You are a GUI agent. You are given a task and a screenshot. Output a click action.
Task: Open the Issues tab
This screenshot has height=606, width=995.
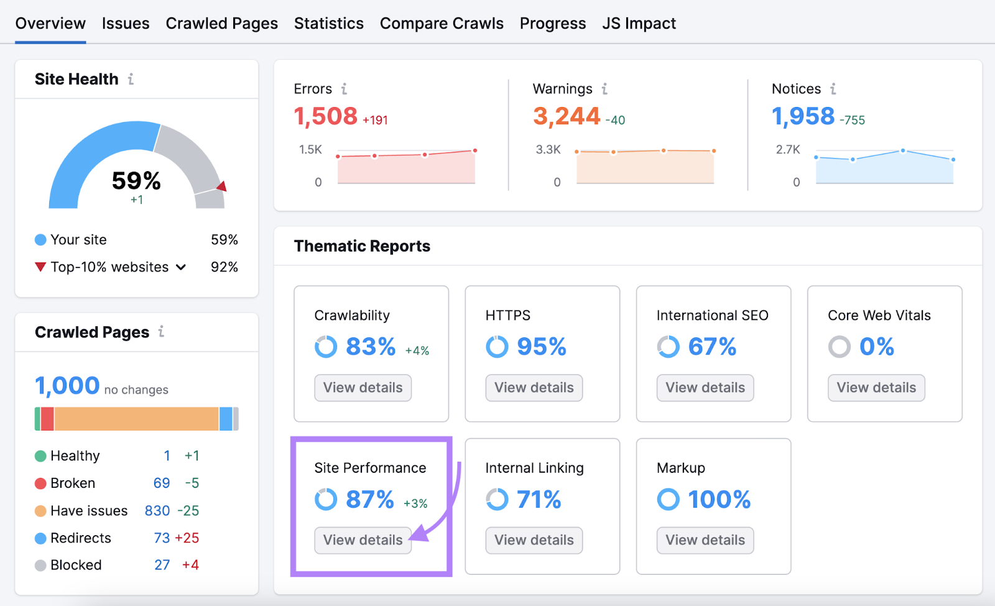[126, 24]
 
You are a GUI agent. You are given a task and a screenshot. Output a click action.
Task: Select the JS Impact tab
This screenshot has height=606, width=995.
[639, 24]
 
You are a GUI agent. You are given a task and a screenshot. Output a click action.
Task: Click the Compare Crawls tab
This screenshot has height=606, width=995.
[442, 24]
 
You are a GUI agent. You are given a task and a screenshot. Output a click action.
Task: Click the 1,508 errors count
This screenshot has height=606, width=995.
[325, 116]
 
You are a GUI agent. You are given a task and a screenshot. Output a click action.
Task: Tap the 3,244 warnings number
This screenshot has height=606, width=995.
[566, 116]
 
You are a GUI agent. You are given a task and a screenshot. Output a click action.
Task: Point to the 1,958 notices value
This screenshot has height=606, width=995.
[803, 116]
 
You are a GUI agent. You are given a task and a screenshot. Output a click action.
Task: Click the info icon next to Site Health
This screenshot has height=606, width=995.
[131, 79]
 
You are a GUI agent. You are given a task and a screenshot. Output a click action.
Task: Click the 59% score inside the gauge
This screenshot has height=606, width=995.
[136, 181]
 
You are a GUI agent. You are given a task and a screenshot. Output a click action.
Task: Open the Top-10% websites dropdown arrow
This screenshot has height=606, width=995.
[181, 268]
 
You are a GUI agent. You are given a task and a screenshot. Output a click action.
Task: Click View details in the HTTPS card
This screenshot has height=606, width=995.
[534, 388]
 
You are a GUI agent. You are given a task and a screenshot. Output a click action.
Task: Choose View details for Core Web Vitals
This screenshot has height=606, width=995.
[876, 388]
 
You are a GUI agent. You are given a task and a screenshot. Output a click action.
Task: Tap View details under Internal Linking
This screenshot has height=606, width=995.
[534, 540]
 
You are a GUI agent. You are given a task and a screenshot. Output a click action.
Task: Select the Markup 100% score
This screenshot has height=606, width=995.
[719, 500]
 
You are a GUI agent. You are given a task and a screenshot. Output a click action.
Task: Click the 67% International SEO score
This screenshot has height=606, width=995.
[712, 347]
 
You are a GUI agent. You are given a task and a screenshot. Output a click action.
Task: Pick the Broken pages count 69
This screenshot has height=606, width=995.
[162, 483]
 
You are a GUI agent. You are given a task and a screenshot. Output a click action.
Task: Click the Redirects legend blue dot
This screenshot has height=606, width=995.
[40, 538]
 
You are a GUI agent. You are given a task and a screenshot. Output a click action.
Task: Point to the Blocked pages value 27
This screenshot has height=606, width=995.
[162, 565]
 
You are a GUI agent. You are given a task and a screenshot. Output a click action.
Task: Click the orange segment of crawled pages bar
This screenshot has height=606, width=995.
[136, 419]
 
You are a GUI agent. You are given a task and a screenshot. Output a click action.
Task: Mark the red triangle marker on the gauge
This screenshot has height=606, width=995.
[222, 186]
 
